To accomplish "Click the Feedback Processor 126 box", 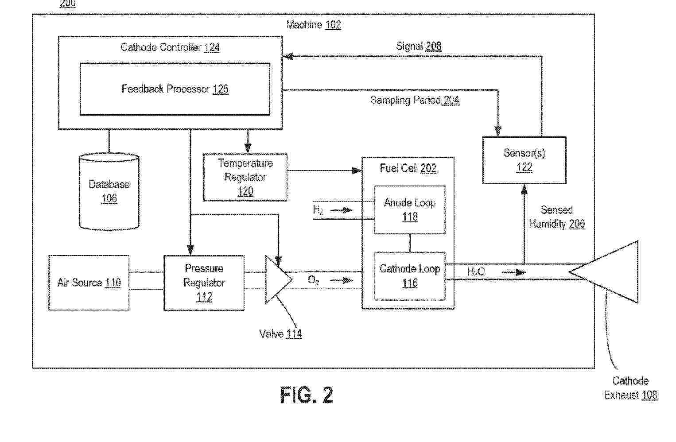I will point(175,89).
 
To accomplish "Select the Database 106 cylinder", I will point(109,191).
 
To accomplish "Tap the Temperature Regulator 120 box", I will point(245,177).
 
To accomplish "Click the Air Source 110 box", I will point(89,283).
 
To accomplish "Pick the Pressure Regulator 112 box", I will point(204,283).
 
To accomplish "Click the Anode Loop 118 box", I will point(410,209).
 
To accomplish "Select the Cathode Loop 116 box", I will point(410,276).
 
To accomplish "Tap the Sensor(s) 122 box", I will point(524,160).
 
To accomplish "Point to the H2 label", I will point(318,210).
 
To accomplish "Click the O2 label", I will point(314,280).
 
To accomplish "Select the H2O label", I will point(476,271).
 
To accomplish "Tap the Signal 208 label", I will point(419,46).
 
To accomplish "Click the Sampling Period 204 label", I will point(415,100).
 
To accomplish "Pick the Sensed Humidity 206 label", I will point(557,217).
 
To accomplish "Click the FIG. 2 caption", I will point(307,395).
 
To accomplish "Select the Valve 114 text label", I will point(280,334).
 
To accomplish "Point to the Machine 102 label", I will point(314,25).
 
